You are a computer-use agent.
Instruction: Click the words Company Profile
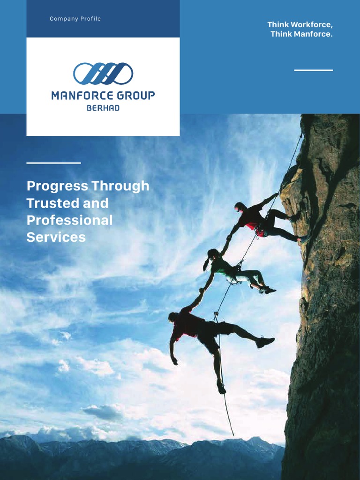pos(75,19)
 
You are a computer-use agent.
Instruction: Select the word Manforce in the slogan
pos(314,34)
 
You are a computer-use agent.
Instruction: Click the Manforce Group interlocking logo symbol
pos(103,74)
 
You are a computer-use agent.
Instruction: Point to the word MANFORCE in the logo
pos(82,96)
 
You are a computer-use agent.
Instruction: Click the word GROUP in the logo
pos(136,96)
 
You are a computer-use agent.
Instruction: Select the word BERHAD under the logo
pos(103,108)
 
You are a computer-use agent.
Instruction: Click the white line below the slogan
pos(314,70)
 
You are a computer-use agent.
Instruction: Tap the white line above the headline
pos(53,163)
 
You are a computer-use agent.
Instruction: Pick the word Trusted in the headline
pos(45,203)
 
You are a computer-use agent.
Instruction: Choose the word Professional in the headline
pos(69,220)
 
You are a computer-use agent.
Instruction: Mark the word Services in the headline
pos(56,237)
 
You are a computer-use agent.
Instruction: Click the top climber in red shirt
pos(262,220)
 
